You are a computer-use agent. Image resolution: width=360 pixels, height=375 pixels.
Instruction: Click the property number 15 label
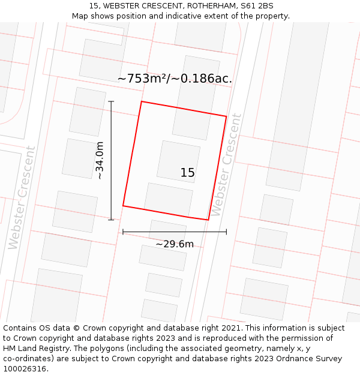point(187,173)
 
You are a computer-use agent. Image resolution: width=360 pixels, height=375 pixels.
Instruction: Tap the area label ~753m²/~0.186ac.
point(175,79)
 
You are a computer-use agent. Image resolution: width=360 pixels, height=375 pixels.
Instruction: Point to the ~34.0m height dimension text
point(100,160)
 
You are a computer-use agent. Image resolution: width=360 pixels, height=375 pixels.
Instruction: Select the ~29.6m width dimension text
point(175,244)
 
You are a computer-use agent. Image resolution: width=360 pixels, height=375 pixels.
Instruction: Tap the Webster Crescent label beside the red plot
point(227,165)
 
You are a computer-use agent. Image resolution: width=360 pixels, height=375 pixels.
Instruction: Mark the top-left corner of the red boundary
point(142,101)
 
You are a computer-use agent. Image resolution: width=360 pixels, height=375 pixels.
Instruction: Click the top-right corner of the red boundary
point(226,116)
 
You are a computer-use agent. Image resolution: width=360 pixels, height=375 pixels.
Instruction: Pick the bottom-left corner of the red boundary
point(123,206)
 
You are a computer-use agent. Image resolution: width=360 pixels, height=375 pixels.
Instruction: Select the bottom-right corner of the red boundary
point(208,220)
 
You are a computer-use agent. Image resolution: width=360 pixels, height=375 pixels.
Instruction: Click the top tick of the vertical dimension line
point(111,101)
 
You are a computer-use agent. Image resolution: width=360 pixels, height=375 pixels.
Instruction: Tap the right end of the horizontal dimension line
point(226,232)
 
